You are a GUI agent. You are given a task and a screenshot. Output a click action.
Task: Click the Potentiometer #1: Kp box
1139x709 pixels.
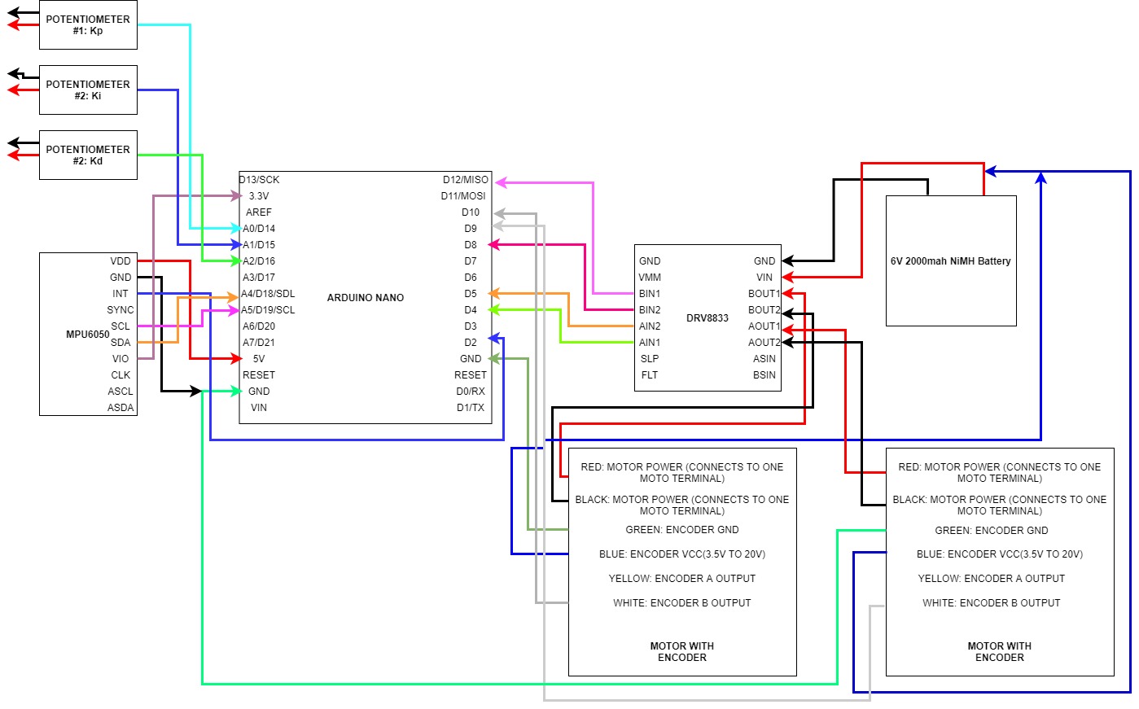[x=88, y=24]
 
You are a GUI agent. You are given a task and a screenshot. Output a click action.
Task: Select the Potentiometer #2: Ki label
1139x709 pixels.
[x=88, y=90]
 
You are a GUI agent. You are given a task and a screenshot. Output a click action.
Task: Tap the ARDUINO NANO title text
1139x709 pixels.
[x=365, y=298]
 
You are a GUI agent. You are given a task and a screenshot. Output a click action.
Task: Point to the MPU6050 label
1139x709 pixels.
[x=87, y=335]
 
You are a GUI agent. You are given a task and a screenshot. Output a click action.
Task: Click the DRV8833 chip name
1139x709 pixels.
[x=707, y=318]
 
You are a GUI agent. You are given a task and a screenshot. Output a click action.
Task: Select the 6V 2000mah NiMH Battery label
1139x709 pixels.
[x=950, y=261]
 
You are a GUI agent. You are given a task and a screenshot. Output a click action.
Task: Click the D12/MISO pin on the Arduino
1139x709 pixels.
[x=466, y=180]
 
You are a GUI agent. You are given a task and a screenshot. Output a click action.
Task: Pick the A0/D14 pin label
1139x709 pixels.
[x=259, y=229]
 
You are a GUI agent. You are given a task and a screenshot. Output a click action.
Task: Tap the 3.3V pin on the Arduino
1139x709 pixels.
[x=259, y=196]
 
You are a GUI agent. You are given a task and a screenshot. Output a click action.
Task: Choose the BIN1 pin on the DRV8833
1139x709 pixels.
[x=650, y=294]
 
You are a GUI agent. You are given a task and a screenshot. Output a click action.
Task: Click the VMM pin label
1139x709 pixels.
[x=650, y=278]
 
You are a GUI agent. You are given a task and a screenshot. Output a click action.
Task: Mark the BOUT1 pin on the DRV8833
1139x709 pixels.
[x=764, y=294]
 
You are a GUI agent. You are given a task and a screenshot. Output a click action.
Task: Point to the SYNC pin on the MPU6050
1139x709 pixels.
[x=120, y=310]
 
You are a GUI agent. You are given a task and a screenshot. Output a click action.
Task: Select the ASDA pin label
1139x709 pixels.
[x=120, y=408]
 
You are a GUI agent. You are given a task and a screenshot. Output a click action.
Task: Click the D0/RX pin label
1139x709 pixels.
[x=471, y=392]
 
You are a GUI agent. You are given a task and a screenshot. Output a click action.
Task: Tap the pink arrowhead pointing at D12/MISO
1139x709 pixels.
[x=501, y=182]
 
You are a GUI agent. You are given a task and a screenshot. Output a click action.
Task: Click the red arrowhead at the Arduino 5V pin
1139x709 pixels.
[x=237, y=358]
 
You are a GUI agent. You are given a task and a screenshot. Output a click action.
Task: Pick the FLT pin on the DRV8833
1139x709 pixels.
[x=650, y=375]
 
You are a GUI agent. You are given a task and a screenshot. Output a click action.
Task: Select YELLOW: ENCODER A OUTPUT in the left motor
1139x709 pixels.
[x=681, y=579]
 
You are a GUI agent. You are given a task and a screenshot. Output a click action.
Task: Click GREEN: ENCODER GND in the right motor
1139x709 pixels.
[x=991, y=531]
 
